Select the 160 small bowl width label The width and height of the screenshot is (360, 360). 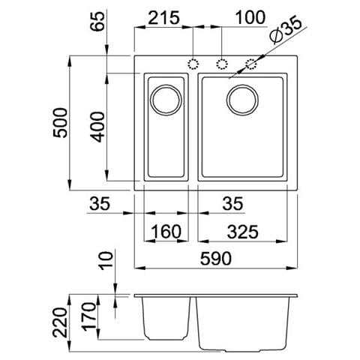point(164,232)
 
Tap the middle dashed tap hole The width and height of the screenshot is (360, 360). point(222,64)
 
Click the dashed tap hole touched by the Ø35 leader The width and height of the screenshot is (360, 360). point(248,64)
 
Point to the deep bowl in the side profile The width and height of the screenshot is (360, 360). point(244,324)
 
